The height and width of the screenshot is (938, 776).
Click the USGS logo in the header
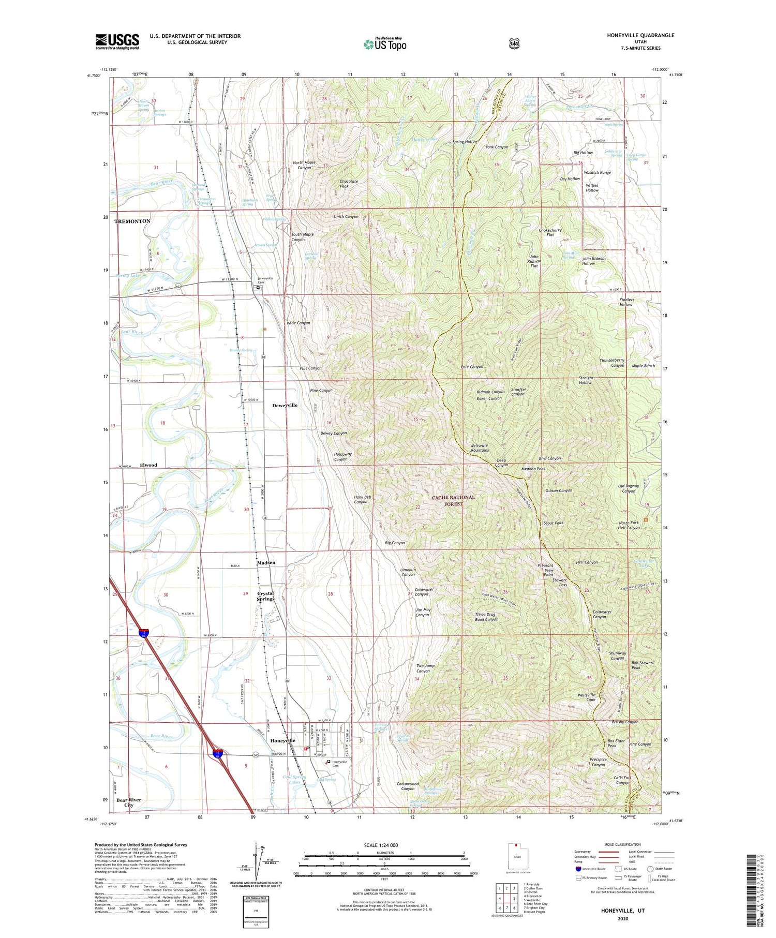coord(117,41)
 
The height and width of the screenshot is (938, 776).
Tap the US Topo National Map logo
coord(385,43)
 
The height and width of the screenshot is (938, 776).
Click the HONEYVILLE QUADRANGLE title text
coord(640,35)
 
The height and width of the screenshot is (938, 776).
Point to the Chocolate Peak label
coord(349,184)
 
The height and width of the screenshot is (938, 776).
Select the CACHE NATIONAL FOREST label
coord(453,500)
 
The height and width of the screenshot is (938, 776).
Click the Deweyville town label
coord(285,405)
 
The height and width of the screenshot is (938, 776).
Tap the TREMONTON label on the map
coord(132,221)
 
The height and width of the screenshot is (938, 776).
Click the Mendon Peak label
coord(533,469)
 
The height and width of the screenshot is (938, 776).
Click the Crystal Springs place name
coord(265,596)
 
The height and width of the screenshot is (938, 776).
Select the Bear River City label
coord(128,802)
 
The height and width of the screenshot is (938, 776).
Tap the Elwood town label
coord(148,465)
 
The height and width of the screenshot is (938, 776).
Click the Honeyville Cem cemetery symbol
coord(328,761)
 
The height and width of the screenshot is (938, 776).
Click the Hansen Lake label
coord(424,139)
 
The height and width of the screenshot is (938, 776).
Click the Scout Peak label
coord(553,523)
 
